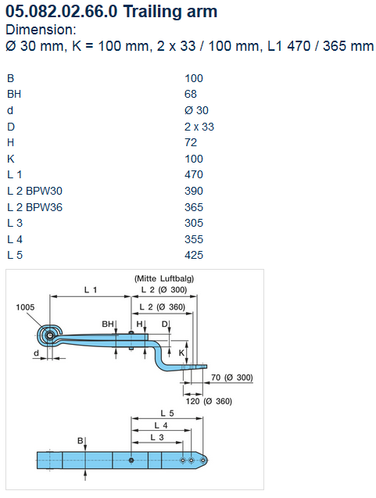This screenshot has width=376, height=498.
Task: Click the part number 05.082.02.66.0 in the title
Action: pyautogui.click(x=62, y=12)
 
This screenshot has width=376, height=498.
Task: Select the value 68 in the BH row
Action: pyautogui.click(x=191, y=94)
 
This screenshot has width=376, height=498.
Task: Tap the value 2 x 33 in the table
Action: pyautogui.click(x=199, y=127)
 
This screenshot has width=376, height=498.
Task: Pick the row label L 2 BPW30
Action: pyautogui.click(x=34, y=191)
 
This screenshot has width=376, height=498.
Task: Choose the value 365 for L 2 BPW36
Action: pyautogui.click(x=194, y=207)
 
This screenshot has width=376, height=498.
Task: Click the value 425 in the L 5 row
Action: pyautogui.click(x=194, y=255)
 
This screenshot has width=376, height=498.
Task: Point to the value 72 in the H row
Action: pyautogui.click(x=191, y=142)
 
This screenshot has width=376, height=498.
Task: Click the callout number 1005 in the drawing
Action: pyautogui.click(x=25, y=307)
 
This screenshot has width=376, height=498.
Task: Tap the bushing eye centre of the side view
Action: pyautogui.click(x=49, y=335)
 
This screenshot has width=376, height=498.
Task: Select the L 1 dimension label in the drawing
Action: pyautogui.click(x=91, y=289)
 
